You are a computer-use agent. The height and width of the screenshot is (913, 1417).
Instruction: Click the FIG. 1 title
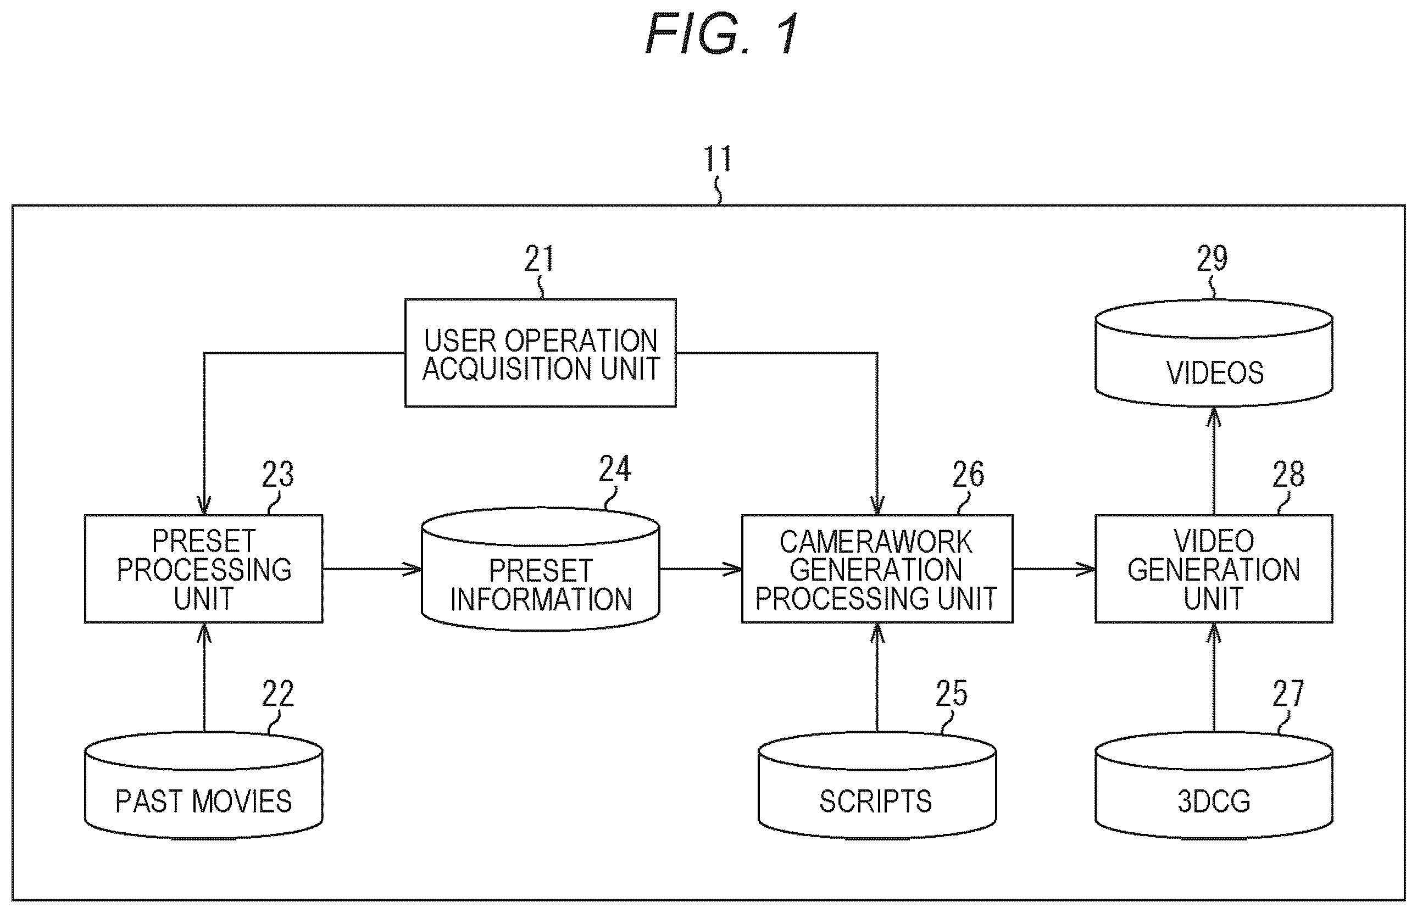coord(722,34)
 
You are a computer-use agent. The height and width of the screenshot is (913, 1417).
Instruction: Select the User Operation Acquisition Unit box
coord(540,353)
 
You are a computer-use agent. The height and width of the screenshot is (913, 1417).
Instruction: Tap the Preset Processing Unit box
coord(203,569)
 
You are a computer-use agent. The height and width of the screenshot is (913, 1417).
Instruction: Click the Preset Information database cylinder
coord(540,569)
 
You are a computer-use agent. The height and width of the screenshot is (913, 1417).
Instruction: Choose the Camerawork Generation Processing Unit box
coord(877,569)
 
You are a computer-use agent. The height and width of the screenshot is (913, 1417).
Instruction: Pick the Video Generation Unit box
coord(1214,569)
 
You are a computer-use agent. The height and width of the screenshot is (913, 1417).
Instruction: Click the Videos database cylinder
coord(1214,353)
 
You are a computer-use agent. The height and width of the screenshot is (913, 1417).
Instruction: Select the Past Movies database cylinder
coord(203,786)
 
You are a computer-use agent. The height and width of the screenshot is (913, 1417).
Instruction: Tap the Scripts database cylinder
coord(877,786)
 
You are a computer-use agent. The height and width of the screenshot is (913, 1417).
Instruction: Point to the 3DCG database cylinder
coord(1214,786)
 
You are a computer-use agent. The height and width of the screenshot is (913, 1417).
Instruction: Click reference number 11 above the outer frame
coord(718,158)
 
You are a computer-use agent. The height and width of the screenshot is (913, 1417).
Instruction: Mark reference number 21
coord(539,259)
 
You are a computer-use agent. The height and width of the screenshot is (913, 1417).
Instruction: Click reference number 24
coord(615,469)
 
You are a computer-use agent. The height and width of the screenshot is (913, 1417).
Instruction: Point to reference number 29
coord(1212,259)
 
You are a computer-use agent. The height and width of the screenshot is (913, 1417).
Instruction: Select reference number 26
coord(968,474)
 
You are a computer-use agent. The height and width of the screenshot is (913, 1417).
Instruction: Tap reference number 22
coord(278,694)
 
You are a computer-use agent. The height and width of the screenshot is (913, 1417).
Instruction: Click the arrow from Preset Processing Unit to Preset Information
coord(373,569)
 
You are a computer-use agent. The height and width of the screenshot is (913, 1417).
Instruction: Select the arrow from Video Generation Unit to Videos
coord(1214,461)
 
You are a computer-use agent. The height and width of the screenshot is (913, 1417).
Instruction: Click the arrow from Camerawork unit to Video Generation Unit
coord(1054,569)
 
